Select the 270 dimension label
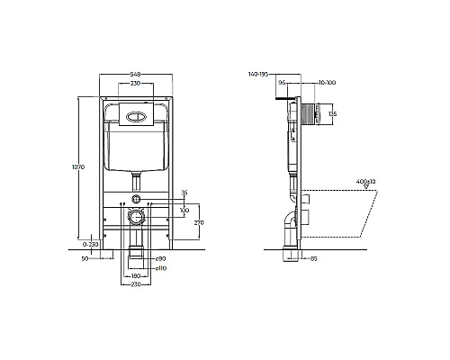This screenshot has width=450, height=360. coord(200,221)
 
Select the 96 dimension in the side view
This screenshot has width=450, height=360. coord(281,84)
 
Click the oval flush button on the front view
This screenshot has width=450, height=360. coord(136,114)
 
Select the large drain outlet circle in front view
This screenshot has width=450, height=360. coord(136,217)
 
